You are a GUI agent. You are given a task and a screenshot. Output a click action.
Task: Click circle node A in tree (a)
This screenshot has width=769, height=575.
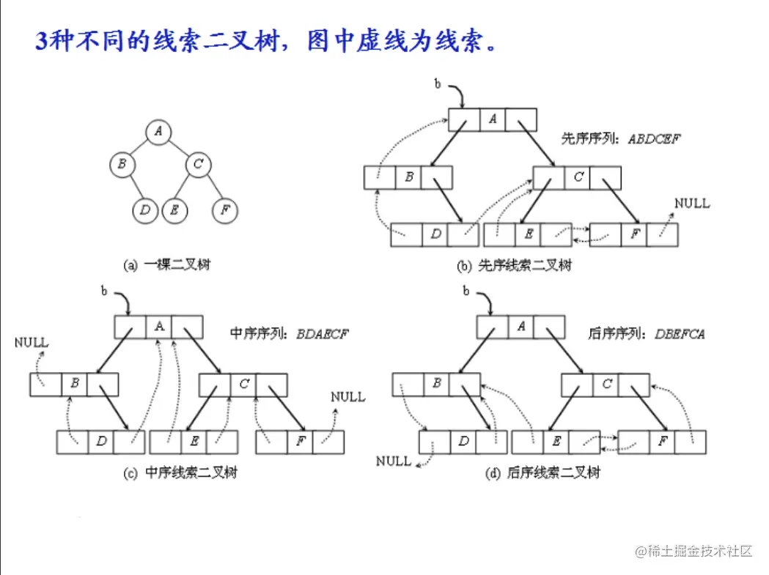click(x=158, y=133)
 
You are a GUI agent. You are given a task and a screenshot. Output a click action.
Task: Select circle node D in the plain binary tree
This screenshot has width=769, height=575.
click(x=145, y=211)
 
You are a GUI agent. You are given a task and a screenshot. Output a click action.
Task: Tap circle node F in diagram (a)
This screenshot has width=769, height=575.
click(x=225, y=211)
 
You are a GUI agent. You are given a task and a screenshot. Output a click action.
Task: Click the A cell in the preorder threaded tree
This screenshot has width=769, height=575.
click(x=493, y=119)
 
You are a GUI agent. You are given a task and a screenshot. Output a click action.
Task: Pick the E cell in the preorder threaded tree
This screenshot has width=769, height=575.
click(x=527, y=234)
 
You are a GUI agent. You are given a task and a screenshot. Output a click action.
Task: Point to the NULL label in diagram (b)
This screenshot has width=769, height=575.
click(x=692, y=203)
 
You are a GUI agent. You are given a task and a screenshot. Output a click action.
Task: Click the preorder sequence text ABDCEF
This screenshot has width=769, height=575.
click(x=654, y=138)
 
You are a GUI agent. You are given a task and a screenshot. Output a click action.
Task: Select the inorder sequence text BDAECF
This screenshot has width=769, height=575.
click(x=323, y=334)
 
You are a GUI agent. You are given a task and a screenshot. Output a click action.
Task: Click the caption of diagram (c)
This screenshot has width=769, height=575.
click(x=180, y=473)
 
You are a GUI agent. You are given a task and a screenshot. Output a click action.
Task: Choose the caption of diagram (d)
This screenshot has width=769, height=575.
click(x=543, y=473)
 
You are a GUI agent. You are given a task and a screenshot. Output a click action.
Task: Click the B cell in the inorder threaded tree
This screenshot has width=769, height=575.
click(x=74, y=383)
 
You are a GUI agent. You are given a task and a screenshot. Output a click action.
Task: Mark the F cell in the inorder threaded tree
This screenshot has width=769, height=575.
click(x=300, y=442)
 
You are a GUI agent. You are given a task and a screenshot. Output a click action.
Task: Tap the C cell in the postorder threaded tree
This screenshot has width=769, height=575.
click(x=606, y=384)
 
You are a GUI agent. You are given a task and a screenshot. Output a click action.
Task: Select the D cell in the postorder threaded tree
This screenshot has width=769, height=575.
click(x=463, y=442)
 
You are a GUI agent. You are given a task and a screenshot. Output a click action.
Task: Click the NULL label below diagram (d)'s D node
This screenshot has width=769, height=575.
click(x=394, y=461)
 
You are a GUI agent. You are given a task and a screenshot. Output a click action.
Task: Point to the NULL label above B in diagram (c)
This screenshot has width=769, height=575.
click(x=32, y=342)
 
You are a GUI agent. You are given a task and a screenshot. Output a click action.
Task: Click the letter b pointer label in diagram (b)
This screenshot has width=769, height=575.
click(x=438, y=85)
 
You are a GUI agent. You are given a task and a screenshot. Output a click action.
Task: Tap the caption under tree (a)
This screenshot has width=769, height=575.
click(x=166, y=265)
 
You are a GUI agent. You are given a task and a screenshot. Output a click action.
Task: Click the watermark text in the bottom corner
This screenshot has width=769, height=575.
click(x=694, y=551)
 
